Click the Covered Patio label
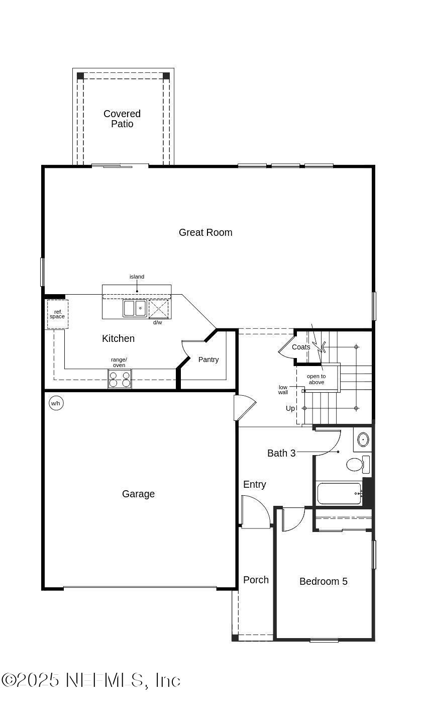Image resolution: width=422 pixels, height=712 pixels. coord(122,119)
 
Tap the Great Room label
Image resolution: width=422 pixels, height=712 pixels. coord(205,232)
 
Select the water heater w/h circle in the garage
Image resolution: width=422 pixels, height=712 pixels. coord(56,403)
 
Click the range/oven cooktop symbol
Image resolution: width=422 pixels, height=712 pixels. coord(120,379)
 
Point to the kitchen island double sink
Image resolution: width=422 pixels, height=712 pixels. coord(135,308)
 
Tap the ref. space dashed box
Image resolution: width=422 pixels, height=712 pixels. coord(57,314)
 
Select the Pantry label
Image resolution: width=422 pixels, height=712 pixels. coord(208,360)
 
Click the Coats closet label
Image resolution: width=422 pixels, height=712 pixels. coord(301,347)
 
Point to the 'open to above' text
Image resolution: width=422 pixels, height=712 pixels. coord(316,379)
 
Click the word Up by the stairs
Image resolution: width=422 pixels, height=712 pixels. coord(290,408)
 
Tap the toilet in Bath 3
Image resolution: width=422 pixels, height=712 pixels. coord(355,464)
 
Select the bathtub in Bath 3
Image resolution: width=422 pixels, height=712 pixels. coord(339,493)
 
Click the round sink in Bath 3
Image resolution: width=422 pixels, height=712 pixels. coord(362,440)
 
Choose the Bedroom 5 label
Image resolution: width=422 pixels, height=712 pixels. coord(324,581)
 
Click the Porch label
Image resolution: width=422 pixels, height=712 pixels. coord(256,580)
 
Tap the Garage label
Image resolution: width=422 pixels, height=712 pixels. coord(138,494)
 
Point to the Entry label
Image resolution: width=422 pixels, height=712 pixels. coord(255,484)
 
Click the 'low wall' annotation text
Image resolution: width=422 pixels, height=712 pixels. coord(283,390)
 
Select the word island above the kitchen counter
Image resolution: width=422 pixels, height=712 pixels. coord(137,277)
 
